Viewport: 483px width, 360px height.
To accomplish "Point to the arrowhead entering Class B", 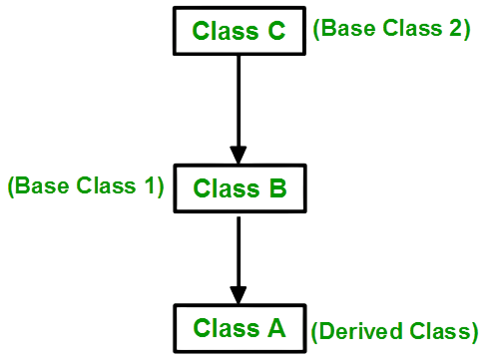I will tap(239, 155).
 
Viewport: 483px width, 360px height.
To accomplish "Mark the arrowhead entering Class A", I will tap(239, 295).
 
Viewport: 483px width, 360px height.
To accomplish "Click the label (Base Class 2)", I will tap(391, 29).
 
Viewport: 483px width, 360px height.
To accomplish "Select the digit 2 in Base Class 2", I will tap(452, 29).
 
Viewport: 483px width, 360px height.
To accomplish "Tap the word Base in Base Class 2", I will tap(344, 29).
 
